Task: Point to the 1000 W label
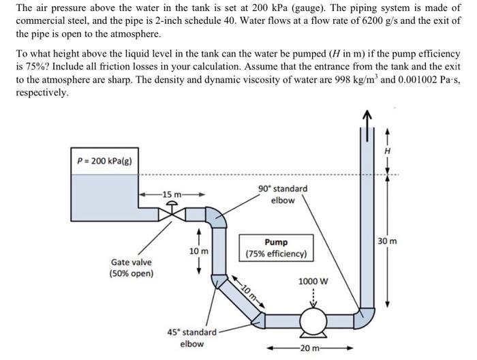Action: coord(313,282)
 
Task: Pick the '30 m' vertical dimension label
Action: coord(402,241)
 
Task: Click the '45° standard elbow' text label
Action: coord(191,337)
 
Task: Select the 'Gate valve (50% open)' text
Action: coord(132,268)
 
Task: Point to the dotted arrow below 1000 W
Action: coord(313,295)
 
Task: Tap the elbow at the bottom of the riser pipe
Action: coord(365,315)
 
